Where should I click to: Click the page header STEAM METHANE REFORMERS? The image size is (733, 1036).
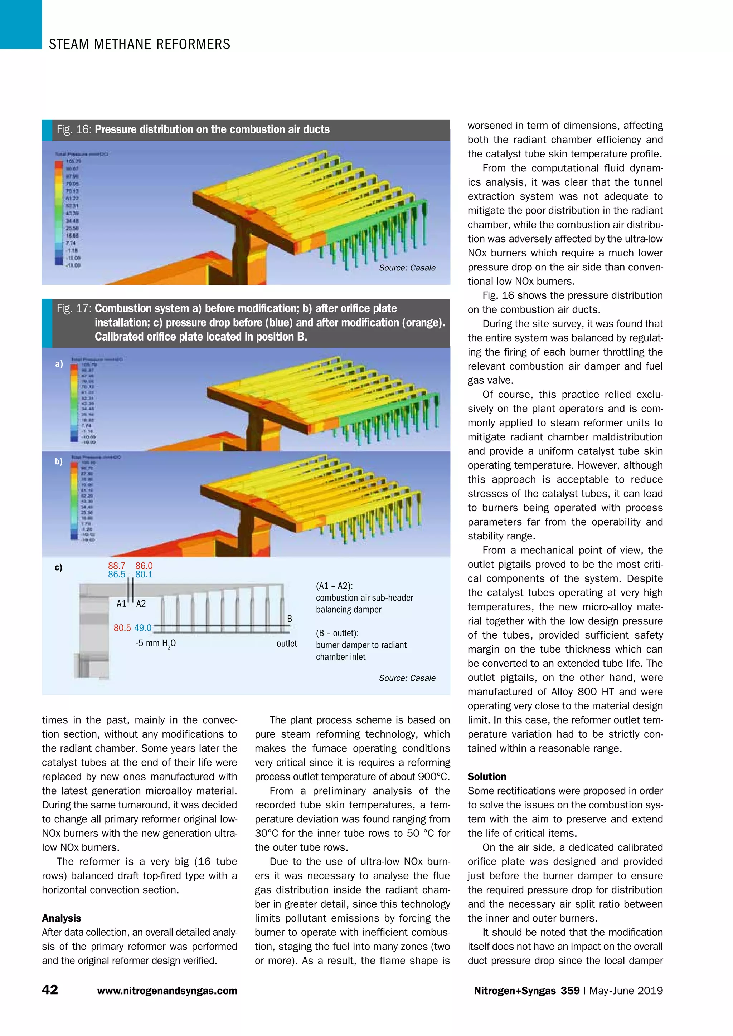coord(140,44)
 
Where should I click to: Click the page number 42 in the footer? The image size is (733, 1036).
coord(50,989)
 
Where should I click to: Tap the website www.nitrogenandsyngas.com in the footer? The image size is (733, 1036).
coord(167,991)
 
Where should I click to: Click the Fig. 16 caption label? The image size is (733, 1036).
coord(74,129)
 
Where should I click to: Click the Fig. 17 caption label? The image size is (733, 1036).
coord(74,309)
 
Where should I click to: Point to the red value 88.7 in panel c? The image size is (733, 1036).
coord(116,566)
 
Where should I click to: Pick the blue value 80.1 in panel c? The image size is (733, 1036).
coord(144,575)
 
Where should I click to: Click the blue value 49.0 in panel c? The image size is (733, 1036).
coord(143,628)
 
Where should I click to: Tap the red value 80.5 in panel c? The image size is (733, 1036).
coord(122,628)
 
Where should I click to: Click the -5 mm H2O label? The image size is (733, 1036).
coord(155,644)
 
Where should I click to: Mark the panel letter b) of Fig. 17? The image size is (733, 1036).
coord(59,461)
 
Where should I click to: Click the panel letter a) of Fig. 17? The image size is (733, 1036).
coord(59,364)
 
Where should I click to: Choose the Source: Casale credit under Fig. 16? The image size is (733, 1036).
coord(407,268)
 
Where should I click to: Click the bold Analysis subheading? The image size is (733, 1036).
coord(62,918)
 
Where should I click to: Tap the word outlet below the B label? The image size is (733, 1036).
coord(287,644)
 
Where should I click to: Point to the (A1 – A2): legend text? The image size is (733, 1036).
coord(334,586)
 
